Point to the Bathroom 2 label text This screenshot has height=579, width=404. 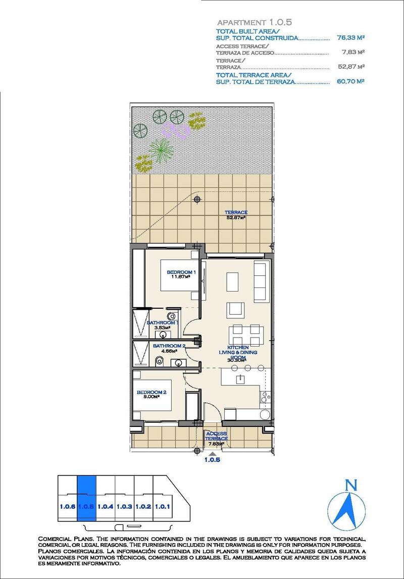[x=162, y=348]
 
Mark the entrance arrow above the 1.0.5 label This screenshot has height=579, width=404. [x=212, y=453]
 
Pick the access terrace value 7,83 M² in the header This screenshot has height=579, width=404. [x=353, y=52]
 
